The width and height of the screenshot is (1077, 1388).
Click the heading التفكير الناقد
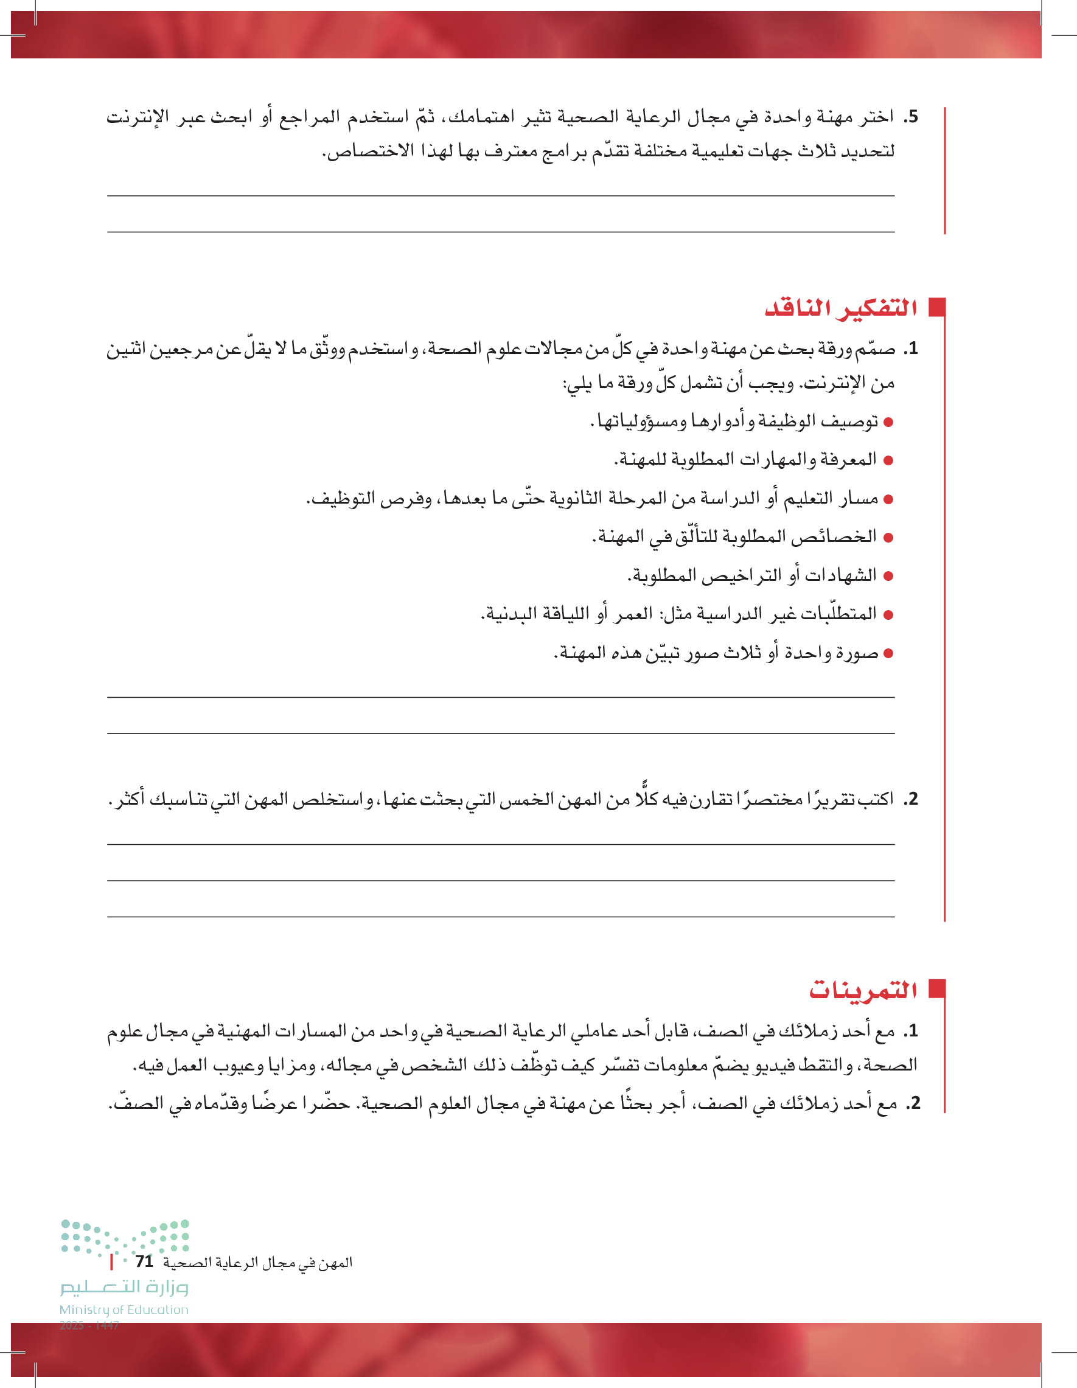click(840, 308)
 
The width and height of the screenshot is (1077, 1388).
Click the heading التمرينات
click(863, 990)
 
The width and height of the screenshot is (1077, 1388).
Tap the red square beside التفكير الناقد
click(936, 307)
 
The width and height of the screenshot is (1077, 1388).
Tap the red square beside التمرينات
click(936, 989)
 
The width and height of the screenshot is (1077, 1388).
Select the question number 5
click(912, 117)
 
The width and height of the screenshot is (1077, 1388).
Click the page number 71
click(144, 1261)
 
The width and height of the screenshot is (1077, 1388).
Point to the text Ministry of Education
click(124, 1310)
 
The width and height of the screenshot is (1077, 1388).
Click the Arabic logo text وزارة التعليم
click(125, 1287)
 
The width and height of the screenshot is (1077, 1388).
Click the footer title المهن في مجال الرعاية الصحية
click(257, 1263)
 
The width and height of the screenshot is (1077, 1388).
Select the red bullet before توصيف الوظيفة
click(888, 422)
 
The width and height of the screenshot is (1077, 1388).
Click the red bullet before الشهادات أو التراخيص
click(888, 577)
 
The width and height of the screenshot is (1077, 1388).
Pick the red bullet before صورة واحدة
click(888, 653)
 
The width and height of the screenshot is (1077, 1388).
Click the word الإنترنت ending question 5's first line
click(138, 117)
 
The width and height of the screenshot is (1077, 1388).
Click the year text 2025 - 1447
click(89, 1325)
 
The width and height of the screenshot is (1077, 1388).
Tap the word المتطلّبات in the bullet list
click(838, 614)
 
